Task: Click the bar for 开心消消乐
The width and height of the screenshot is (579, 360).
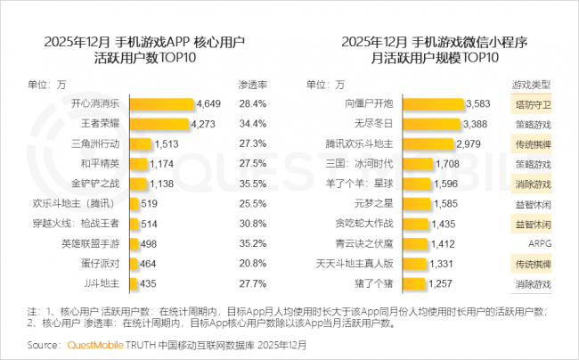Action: (x=163, y=103)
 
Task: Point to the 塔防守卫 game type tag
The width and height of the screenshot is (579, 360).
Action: (x=532, y=103)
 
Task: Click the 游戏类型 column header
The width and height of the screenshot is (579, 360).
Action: (x=532, y=85)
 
